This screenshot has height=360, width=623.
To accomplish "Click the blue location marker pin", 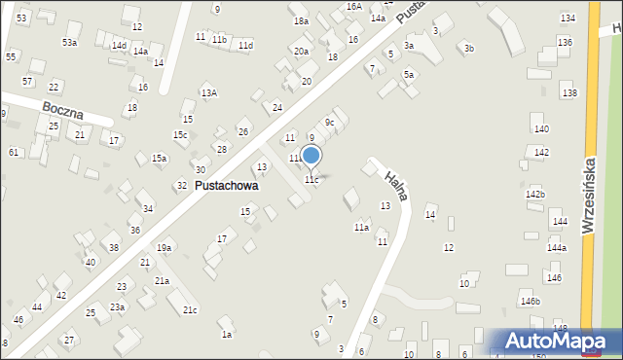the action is [311, 156].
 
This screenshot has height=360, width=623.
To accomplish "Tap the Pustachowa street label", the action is [227, 185].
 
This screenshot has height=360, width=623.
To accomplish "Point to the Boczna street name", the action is [62, 107].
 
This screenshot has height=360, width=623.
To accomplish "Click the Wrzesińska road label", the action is [588, 195].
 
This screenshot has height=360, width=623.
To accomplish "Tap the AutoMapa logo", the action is [556, 341].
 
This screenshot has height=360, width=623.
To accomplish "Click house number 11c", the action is [311, 180].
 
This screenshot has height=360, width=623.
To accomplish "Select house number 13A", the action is [208, 93].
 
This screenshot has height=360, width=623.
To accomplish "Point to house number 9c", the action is [330, 122].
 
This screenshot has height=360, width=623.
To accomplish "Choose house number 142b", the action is [535, 195].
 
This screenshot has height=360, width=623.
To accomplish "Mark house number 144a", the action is [556, 248].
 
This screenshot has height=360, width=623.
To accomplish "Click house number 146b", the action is [530, 302].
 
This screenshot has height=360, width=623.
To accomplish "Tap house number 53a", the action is [69, 43].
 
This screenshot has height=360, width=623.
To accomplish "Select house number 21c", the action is [190, 310].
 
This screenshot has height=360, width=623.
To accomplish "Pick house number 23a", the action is [117, 306].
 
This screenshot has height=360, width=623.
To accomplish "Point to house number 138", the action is [569, 92].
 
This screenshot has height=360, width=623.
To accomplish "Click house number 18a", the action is [301, 20].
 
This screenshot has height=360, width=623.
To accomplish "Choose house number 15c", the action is [180, 134].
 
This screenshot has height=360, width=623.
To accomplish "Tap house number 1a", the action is [226, 335].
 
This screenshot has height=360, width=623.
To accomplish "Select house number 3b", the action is [469, 48].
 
